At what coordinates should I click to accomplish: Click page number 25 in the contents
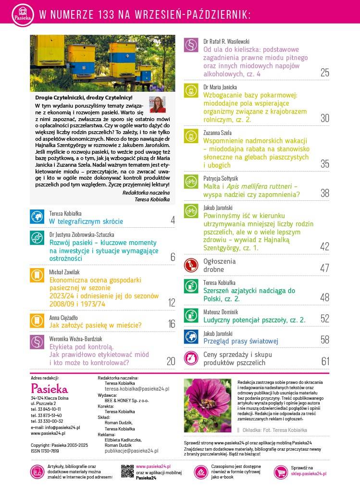[324, 73]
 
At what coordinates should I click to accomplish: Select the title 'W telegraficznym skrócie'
[86, 221]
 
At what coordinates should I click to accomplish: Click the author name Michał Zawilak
[64, 272]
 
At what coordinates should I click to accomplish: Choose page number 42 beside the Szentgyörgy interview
[324, 246]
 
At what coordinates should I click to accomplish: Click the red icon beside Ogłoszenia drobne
[191, 265]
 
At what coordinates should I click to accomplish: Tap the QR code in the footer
[127, 471]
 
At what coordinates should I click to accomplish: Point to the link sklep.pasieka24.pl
[309, 474]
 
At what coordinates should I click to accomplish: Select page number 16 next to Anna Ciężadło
[172, 324]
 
